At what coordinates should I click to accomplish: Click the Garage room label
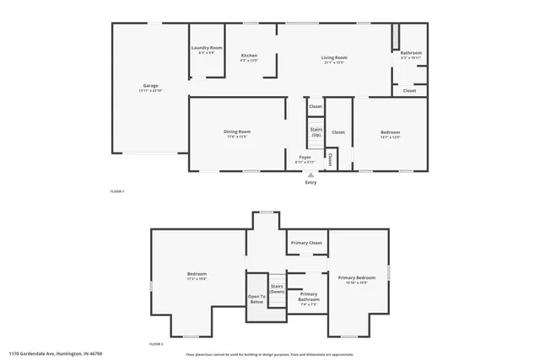point(151,87)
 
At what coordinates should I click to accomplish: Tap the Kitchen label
point(249,57)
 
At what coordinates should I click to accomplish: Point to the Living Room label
point(334,59)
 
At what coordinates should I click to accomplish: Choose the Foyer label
point(304,158)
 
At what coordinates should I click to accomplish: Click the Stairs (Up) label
point(316,132)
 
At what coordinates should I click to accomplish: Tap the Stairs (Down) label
point(277,288)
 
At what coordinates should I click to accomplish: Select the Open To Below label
point(256,298)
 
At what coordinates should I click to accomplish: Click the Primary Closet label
point(306,243)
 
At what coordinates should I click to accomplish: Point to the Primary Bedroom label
point(357,280)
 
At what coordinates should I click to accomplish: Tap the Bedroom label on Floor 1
point(390,133)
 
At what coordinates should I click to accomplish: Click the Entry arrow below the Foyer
point(310,174)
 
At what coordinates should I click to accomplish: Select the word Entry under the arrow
point(310,182)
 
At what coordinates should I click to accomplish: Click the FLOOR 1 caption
point(117,192)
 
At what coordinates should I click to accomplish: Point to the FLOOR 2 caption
point(156,344)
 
